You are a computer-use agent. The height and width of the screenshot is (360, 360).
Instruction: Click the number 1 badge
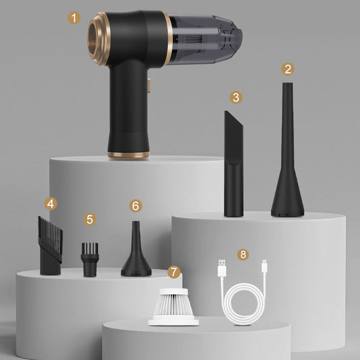click(x=74, y=18)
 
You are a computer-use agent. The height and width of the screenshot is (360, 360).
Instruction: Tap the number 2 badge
click(x=288, y=68)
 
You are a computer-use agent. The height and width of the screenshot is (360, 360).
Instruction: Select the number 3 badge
click(x=235, y=97)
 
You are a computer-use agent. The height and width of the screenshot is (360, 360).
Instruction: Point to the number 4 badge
click(x=50, y=203)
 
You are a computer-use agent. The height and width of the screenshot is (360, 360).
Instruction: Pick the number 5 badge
click(x=91, y=220)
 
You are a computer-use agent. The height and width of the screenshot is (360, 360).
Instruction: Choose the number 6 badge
click(x=136, y=205)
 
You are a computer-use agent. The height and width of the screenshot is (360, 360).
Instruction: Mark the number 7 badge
click(x=174, y=272)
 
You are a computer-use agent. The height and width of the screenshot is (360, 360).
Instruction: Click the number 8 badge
click(x=243, y=255)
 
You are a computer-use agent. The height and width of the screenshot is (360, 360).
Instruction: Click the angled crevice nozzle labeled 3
click(x=234, y=169)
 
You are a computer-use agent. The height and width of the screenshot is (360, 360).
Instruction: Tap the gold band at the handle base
click(x=128, y=155)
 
